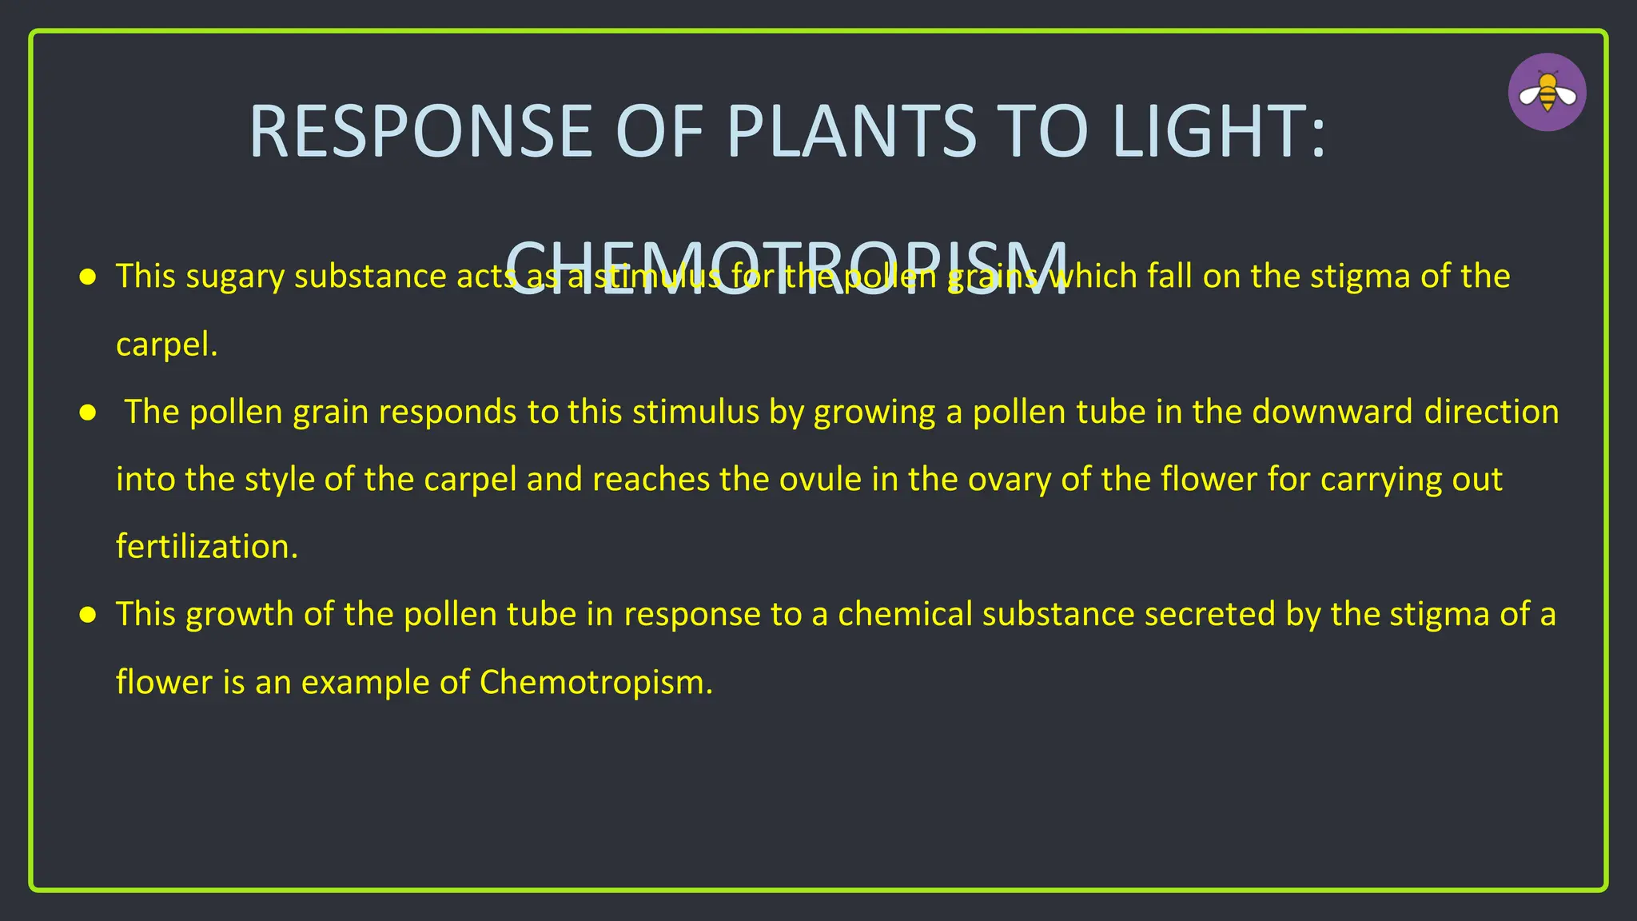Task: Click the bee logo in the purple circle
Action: coord(1547,93)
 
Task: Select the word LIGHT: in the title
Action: coord(1218,132)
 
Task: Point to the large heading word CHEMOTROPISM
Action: coord(787,269)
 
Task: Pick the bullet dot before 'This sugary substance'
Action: coord(88,277)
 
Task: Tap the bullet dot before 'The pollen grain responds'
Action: coord(88,413)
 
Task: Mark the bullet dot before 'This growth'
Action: coord(88,615)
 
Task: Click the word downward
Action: coord(1332,413)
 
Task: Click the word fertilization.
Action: coord(206,547)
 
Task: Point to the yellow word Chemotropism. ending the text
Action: coord(595,683)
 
